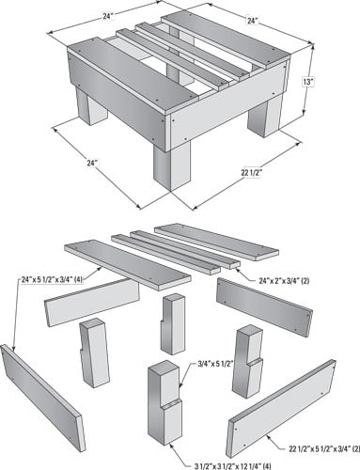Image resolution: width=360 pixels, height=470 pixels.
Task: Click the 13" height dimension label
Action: [308, 82]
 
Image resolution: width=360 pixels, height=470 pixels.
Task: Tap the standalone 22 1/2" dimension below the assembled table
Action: [251, 173]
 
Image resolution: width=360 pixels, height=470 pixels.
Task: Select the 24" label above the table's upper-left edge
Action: [108, 16]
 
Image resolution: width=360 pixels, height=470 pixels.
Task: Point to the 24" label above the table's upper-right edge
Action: [252, 21]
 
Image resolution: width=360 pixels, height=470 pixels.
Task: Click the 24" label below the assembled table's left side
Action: [92, 163]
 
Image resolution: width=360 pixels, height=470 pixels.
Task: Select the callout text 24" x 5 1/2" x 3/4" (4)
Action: [52, 279]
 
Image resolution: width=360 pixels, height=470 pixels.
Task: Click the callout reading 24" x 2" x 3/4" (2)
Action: [284, 281]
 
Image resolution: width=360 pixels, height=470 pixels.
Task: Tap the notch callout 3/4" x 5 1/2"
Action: [216, 364]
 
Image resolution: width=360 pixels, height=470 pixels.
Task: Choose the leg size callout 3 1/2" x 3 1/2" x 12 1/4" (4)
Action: [234, 465]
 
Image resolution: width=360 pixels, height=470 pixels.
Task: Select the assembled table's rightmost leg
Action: [265, 117]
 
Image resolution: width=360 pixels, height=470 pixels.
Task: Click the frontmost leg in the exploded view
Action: [165, 402]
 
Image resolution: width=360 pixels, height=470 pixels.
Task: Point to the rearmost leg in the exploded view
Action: [173, 323]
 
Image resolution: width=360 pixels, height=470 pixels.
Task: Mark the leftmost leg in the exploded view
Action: [94, 352]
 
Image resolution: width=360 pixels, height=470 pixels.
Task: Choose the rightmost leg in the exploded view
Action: [247, 362]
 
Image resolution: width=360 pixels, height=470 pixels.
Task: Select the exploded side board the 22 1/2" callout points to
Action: [281, 409]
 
